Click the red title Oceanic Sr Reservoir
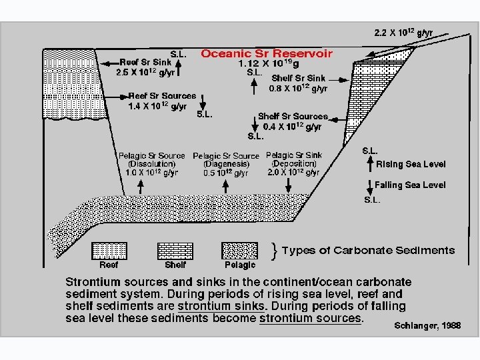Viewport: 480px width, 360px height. coord(266,53)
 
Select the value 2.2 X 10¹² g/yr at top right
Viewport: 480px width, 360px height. coord(403,32)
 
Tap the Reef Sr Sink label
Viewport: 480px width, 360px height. coord(144,62)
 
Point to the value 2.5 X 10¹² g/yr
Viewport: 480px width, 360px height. coord(146,72)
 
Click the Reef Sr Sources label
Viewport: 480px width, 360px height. coord(162,96)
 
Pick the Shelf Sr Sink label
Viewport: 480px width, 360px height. coord(298,77)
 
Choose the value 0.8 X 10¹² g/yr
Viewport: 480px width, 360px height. coord(298,88)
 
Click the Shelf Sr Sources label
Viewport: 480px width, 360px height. coord(293,116)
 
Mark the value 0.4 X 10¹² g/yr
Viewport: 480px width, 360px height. coord(293,126)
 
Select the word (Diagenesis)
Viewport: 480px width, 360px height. coord(226,164)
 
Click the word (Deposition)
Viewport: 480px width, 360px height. coord(293,163)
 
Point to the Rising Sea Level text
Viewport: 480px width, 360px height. coord(411,164)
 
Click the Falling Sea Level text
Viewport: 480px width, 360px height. coord(410,185)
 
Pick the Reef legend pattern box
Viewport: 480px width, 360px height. coord(109,250)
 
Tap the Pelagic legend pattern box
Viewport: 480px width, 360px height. coord(240,250)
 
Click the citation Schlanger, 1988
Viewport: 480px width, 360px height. coord(427,325)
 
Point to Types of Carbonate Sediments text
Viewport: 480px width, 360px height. coord(368,251)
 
